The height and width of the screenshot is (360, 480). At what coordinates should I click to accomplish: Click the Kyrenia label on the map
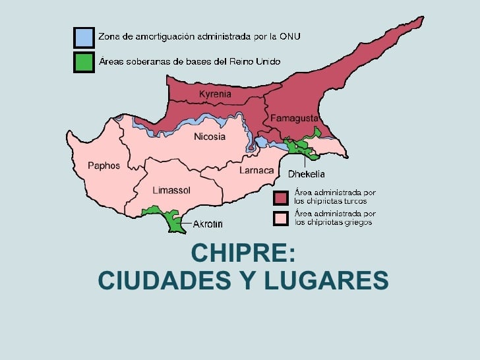coord(215,94)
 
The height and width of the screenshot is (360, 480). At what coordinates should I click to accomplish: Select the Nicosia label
coord(209,137)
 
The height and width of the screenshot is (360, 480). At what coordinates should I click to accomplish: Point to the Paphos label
coord(104,166)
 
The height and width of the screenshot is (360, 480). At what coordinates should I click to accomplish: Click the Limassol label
coord(171,191)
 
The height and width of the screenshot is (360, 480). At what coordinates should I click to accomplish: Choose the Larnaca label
coord(256,171)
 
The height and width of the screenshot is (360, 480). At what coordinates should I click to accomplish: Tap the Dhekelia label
coord(306,175)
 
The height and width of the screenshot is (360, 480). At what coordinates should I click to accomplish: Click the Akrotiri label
coord(208,224)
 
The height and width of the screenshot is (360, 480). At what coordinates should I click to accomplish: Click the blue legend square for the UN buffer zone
coord(83,37)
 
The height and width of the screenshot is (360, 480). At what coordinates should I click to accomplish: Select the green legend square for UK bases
coord(83,62)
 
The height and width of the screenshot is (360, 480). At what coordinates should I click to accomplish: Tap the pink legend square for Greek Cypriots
coord(282,218)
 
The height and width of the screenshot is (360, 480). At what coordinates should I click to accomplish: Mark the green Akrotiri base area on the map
coord(175,222)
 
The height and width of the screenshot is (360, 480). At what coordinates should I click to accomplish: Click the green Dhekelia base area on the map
coord(304,147)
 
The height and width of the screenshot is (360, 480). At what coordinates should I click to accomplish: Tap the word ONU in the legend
coord(287,37)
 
